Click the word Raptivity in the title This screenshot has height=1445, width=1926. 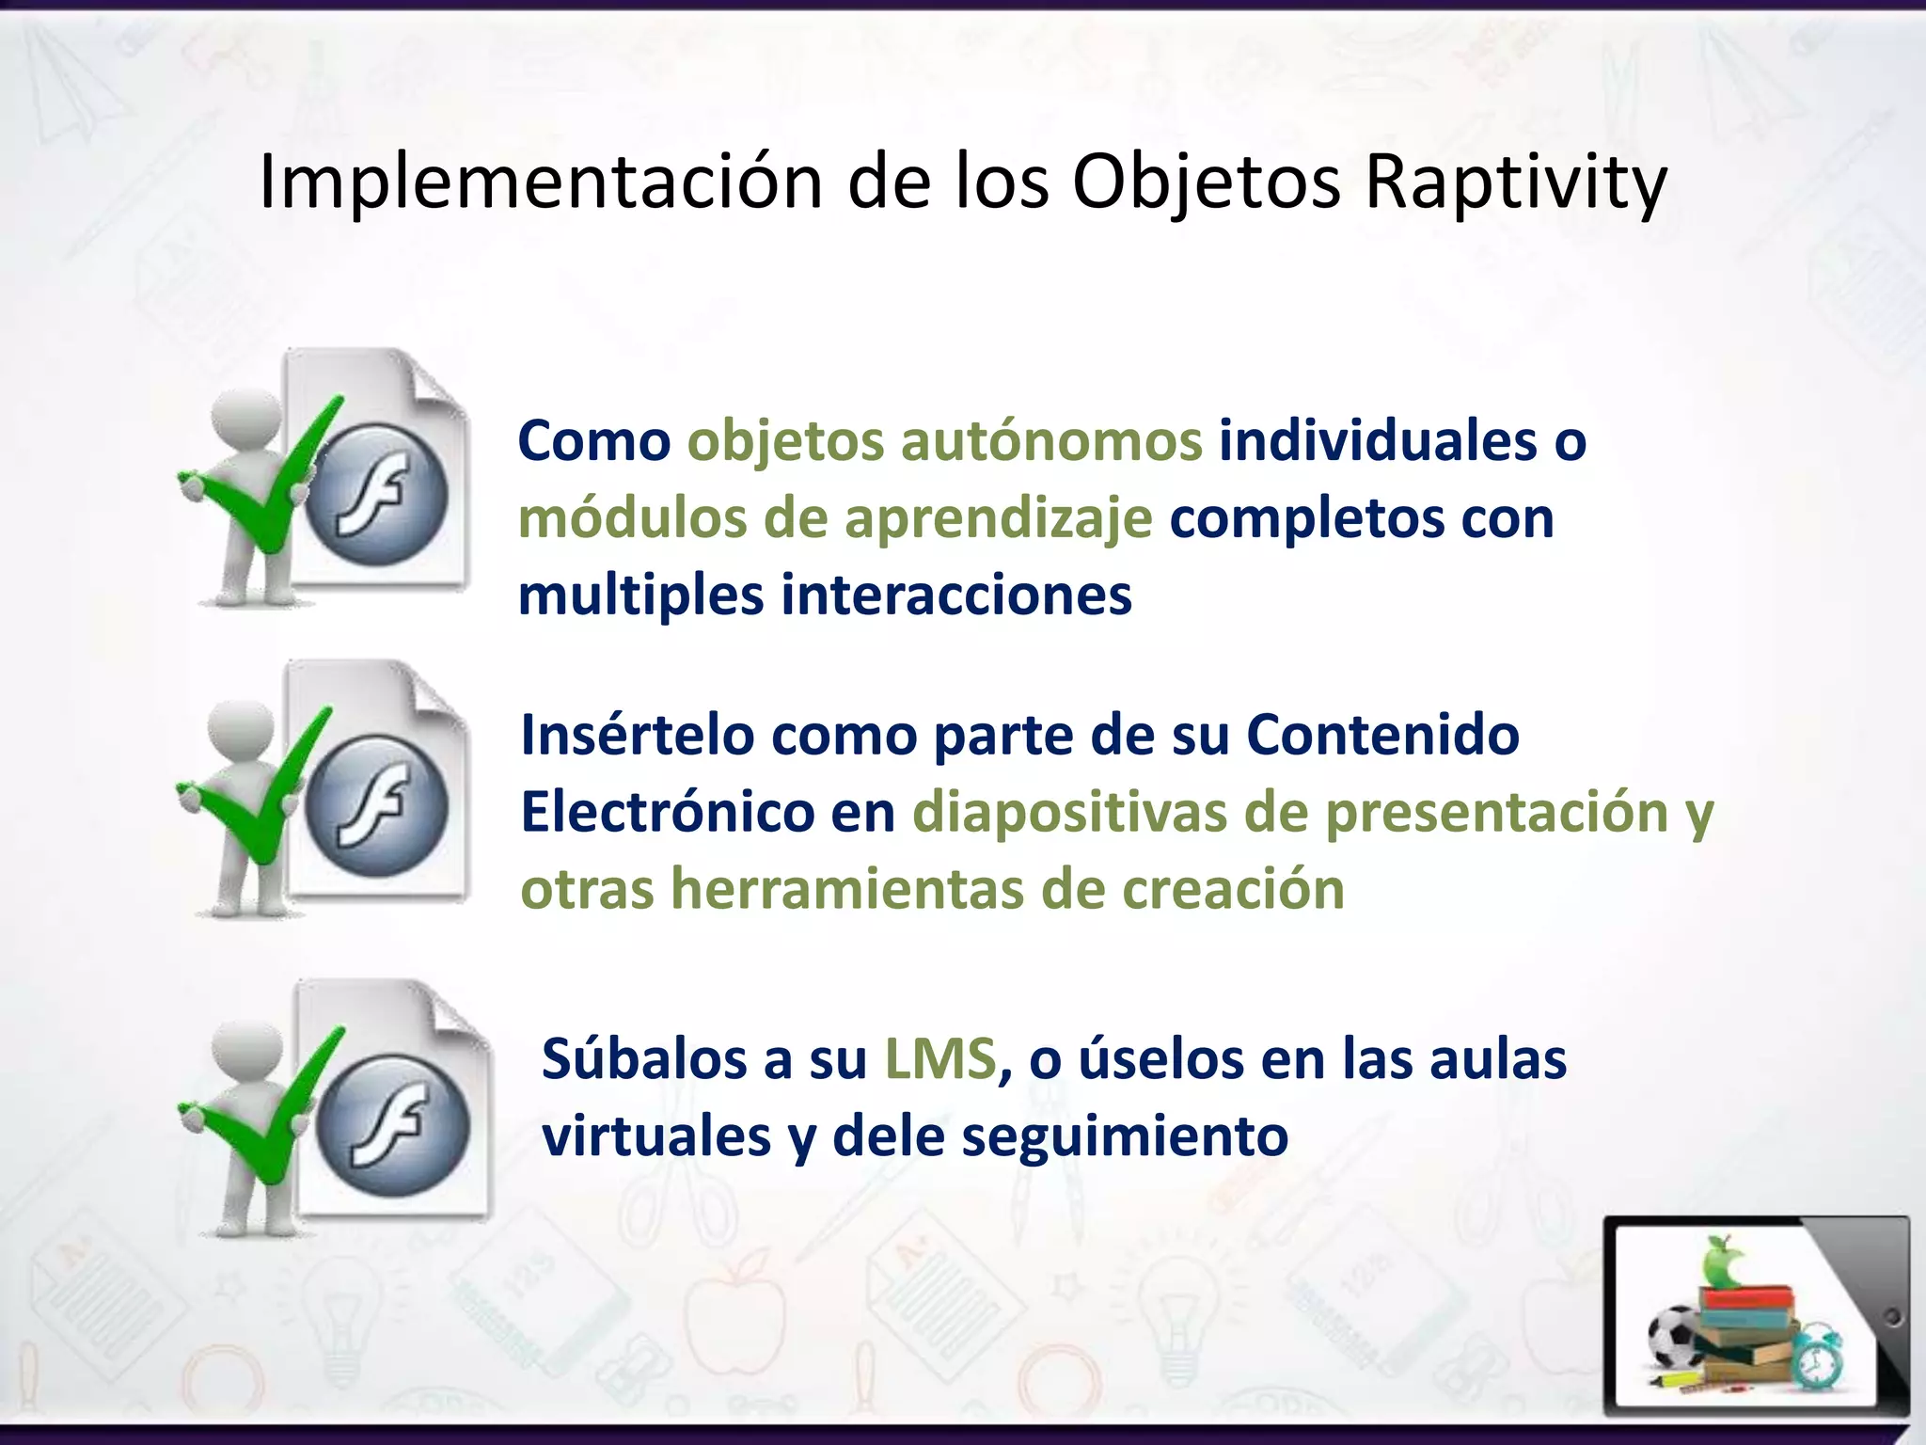click(x=1515, y=183)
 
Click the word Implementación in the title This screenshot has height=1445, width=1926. click(x=540, y=183)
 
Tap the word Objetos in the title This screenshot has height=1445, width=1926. click(x=1207, y=183)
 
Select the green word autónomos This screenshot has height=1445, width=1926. click(x=1050, y=441)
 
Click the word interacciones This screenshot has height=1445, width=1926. click(x=956, y=595)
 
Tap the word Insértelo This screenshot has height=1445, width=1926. click(x=638, y=735)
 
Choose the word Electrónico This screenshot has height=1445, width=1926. click(x=667, y=812)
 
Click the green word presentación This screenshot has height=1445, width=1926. click(x=1496, y=812)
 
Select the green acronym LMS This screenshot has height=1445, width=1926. click(x=939, y=1059)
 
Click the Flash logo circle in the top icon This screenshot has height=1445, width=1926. click(x=377, y=496)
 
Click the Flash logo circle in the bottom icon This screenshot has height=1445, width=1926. click(x=393, y=1127)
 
